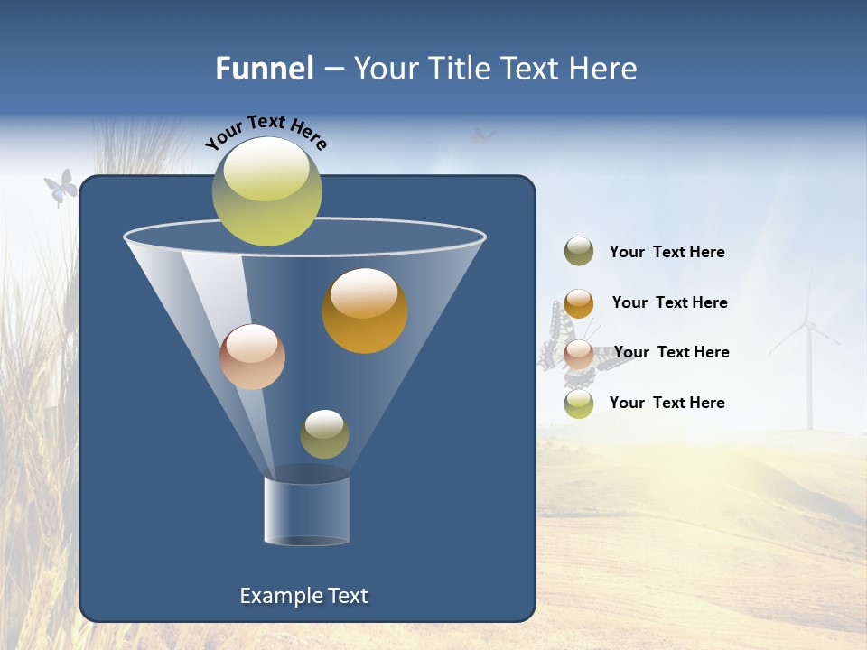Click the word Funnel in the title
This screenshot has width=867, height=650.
click(264, 69)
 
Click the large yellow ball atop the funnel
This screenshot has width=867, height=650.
click(267, 191)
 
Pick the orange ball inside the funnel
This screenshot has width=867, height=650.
click(365, 311)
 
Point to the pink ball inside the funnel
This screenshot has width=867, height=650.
click(252, 357)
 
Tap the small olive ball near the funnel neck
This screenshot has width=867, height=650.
click(324, 433)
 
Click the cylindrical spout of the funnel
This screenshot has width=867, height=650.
click(307, 510)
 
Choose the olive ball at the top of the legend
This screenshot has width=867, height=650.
click(579, 252)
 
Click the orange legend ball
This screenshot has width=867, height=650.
click(579, 303)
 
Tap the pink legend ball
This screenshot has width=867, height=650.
click(579, 354)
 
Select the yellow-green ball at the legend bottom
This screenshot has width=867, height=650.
click(579, 404)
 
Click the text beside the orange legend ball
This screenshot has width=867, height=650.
click(669, 302)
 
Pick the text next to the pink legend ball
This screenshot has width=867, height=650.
click(671, 352)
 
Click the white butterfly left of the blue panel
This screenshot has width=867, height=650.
click(60, 188)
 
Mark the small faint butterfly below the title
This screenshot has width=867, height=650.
click(483, 136)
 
